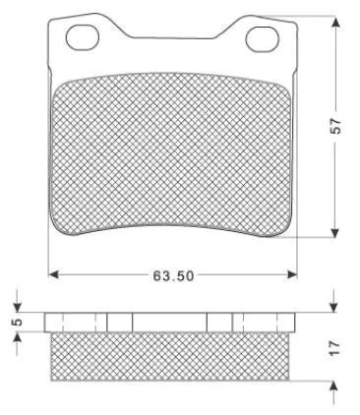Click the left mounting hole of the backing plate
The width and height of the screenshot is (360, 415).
pos(83,37)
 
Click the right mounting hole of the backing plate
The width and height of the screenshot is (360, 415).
pos(263,39)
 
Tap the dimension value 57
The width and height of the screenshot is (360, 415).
pos(335,125)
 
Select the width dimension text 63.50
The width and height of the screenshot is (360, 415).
pos(173,275)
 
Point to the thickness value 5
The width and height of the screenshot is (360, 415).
pos(18,322)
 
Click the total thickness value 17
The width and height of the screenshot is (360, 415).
pos(335,347)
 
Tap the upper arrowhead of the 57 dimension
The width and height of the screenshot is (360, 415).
pos(334,22)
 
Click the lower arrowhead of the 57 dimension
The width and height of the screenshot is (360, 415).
pos(334,232)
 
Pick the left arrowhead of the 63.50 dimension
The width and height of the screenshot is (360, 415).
pos(53,274)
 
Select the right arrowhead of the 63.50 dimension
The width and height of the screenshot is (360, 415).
pos(291,274)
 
